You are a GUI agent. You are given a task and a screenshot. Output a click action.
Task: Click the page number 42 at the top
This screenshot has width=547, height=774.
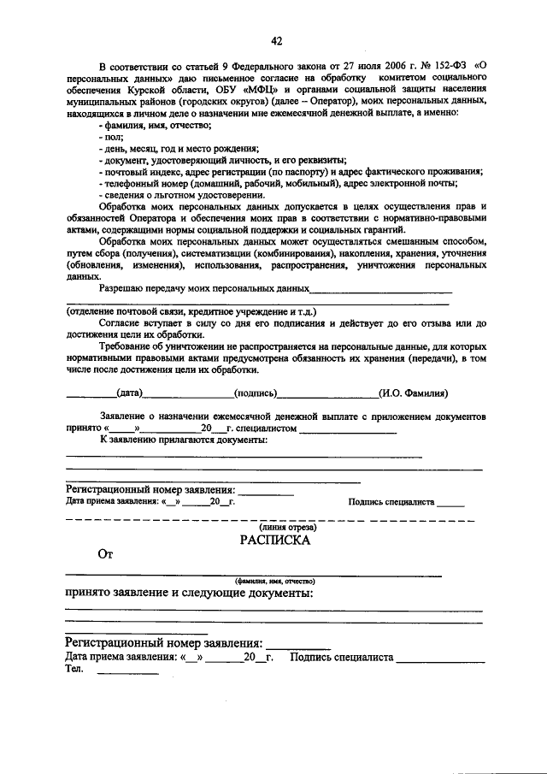(276, 41)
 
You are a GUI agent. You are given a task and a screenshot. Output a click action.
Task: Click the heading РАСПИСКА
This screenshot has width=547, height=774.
(274, 540)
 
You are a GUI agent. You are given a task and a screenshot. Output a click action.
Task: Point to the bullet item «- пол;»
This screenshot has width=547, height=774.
(111, 137)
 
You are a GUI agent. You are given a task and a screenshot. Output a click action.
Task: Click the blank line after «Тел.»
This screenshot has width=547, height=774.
(128, 674)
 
